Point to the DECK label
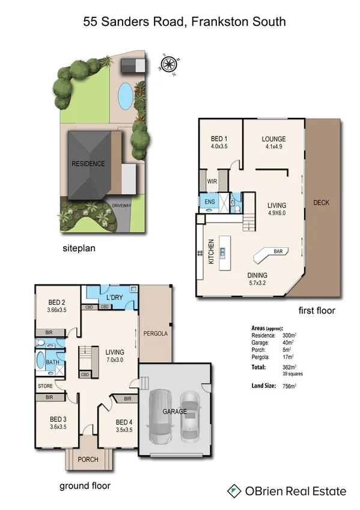click(322, 203)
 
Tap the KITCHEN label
click(211, 253)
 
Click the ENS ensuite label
click(210, 201)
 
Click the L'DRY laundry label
click(114, 298)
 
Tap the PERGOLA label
click(156, 333)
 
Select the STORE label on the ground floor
click(46, 386)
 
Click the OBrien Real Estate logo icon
click(234, 491)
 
